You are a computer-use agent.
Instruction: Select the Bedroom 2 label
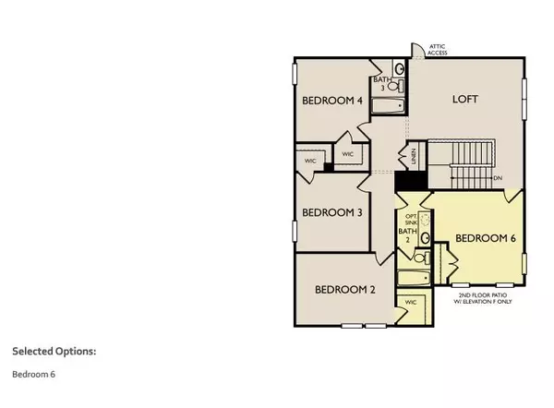click(346, 289)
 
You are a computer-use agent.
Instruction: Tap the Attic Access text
click(437, 50)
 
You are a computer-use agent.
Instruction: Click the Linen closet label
click(415, 158)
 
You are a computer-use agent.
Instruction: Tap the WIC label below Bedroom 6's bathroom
click(412, 302)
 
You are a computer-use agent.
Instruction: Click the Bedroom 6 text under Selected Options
click(33, 375)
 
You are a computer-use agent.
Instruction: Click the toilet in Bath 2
click(424, 240)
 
